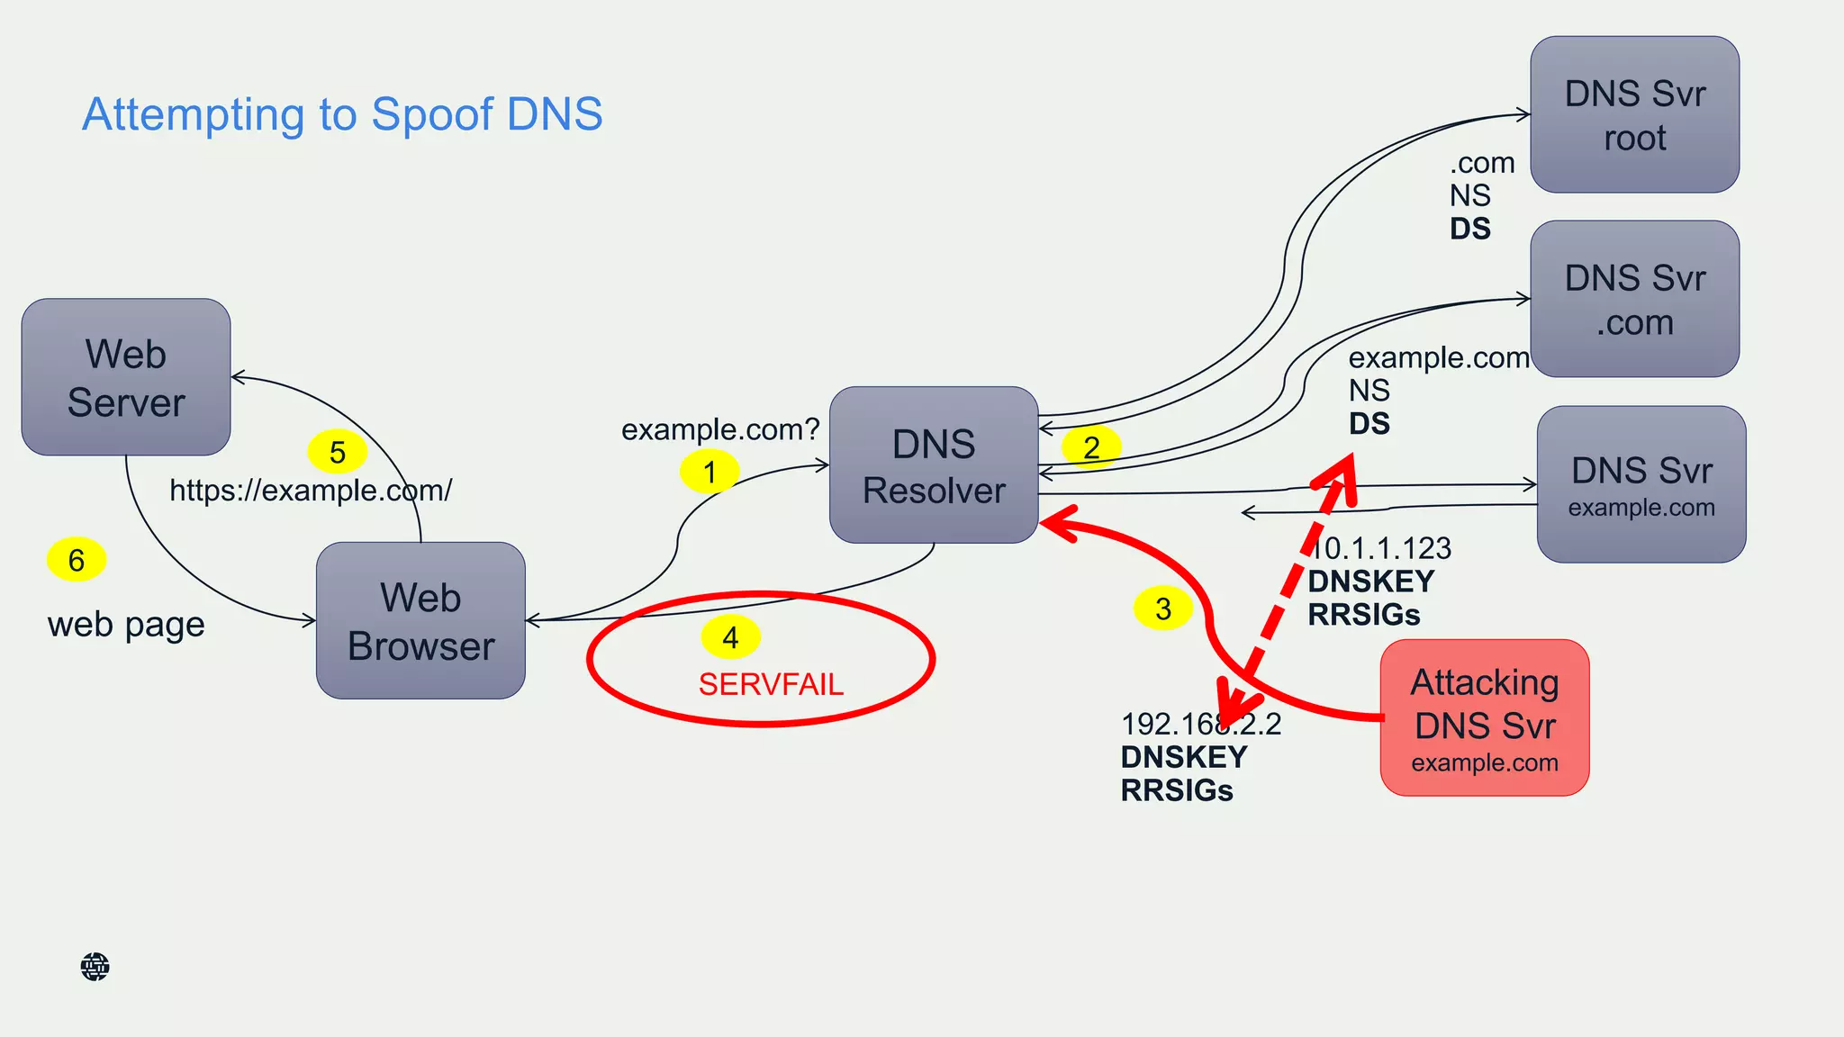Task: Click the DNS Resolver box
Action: (x=934, y=465)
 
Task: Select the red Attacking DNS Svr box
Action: (x=1484, y=717)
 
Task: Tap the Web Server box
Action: (x=126, y=377)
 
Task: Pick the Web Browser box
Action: (x=420, y=620)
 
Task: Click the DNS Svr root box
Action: (x=1634, y=114)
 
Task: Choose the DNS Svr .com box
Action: (x=1634, y=299)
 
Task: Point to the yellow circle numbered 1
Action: (x=710, y=472)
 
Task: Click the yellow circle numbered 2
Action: (x=1091, y=447)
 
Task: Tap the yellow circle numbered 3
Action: (x=1163, y=609)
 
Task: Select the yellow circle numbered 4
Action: (x=730, y=637)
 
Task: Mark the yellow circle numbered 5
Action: (x=338, y=452)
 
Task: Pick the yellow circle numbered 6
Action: (x=77, y=560)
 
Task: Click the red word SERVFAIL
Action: (x=771, y=685)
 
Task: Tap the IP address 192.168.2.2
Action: (x=1200, y=724)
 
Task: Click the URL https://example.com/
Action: (x=311, y=491)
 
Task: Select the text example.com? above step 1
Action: (x=720, y=429)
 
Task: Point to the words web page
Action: (x=126, y=624)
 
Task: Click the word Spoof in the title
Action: (x=431, y=115)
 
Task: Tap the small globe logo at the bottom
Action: (x=95, y=967)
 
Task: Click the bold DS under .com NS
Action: (x=1469, y=229)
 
